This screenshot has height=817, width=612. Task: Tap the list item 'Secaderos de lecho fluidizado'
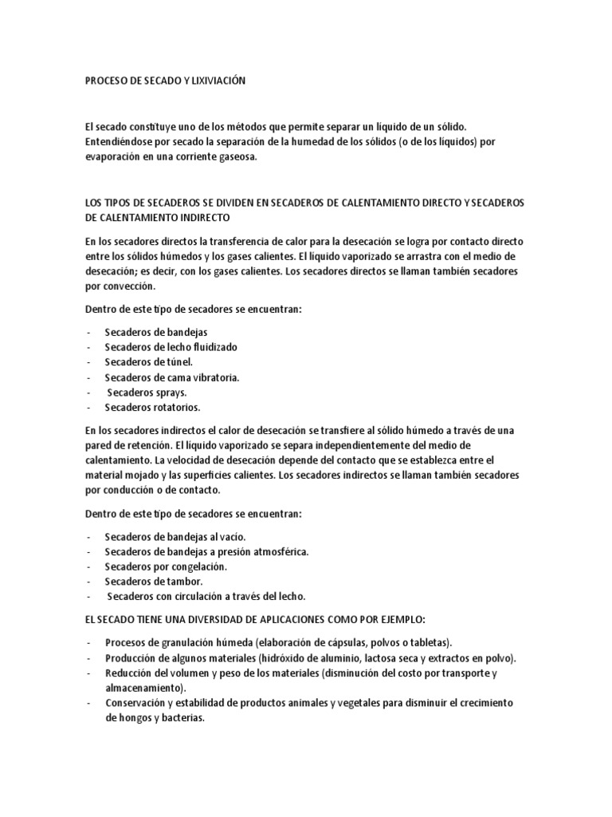click(x=171, y=347)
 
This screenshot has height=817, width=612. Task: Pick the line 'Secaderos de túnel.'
click(x=148, y=362)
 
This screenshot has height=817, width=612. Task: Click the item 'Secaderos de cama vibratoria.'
click(x=171, y=377)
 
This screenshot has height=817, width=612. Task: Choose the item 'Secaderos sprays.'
click(x=147, y=393)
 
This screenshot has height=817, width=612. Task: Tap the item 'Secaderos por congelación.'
click(x=166, y=566)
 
